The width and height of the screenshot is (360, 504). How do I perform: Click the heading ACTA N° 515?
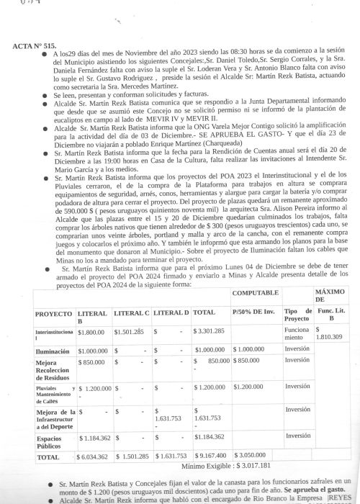pyautogui.click(x=35, y=45)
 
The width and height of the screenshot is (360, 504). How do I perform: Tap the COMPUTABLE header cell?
pyautogui.click(x=255, y=294)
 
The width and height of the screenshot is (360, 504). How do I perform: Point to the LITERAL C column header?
pyautogui.click(x=132, y=314)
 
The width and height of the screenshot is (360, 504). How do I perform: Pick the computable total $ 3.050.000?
pyautogui.click(x=253, y=456)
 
